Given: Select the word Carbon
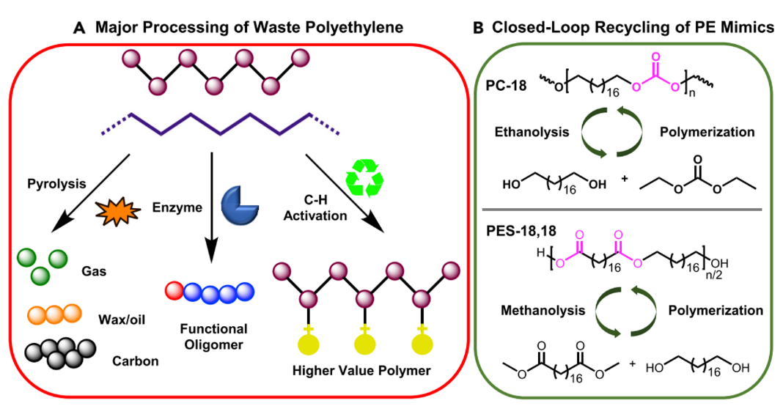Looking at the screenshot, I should [134, 361].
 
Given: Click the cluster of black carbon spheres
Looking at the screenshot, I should [60, 354].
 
